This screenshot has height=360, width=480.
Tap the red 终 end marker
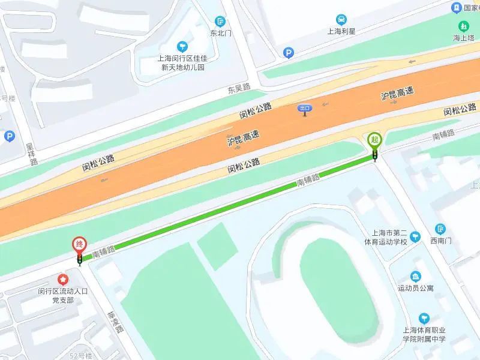click(79, 245)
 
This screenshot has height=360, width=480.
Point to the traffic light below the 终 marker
click(79, 260)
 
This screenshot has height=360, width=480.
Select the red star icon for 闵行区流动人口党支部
click(62, 279)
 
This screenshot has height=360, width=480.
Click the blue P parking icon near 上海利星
click(289, 53)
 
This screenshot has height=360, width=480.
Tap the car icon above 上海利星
click(341, 19)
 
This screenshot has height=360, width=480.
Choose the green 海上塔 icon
click(463, 26)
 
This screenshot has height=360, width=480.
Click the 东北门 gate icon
click(221, 22)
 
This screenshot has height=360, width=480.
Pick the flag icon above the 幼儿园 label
click(181, 46)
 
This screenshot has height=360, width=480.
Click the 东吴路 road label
click(238, 89)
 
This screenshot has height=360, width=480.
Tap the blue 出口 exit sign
click(305, 109)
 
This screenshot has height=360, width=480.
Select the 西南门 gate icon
click(441, 229)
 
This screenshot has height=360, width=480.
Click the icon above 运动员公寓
click(415, 276)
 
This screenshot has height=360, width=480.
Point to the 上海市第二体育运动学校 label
click(386, 238)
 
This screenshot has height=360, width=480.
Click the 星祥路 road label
click(31, 154)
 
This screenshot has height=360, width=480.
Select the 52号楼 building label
click(80, 356)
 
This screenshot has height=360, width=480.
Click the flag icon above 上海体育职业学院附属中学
click(424, 317)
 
